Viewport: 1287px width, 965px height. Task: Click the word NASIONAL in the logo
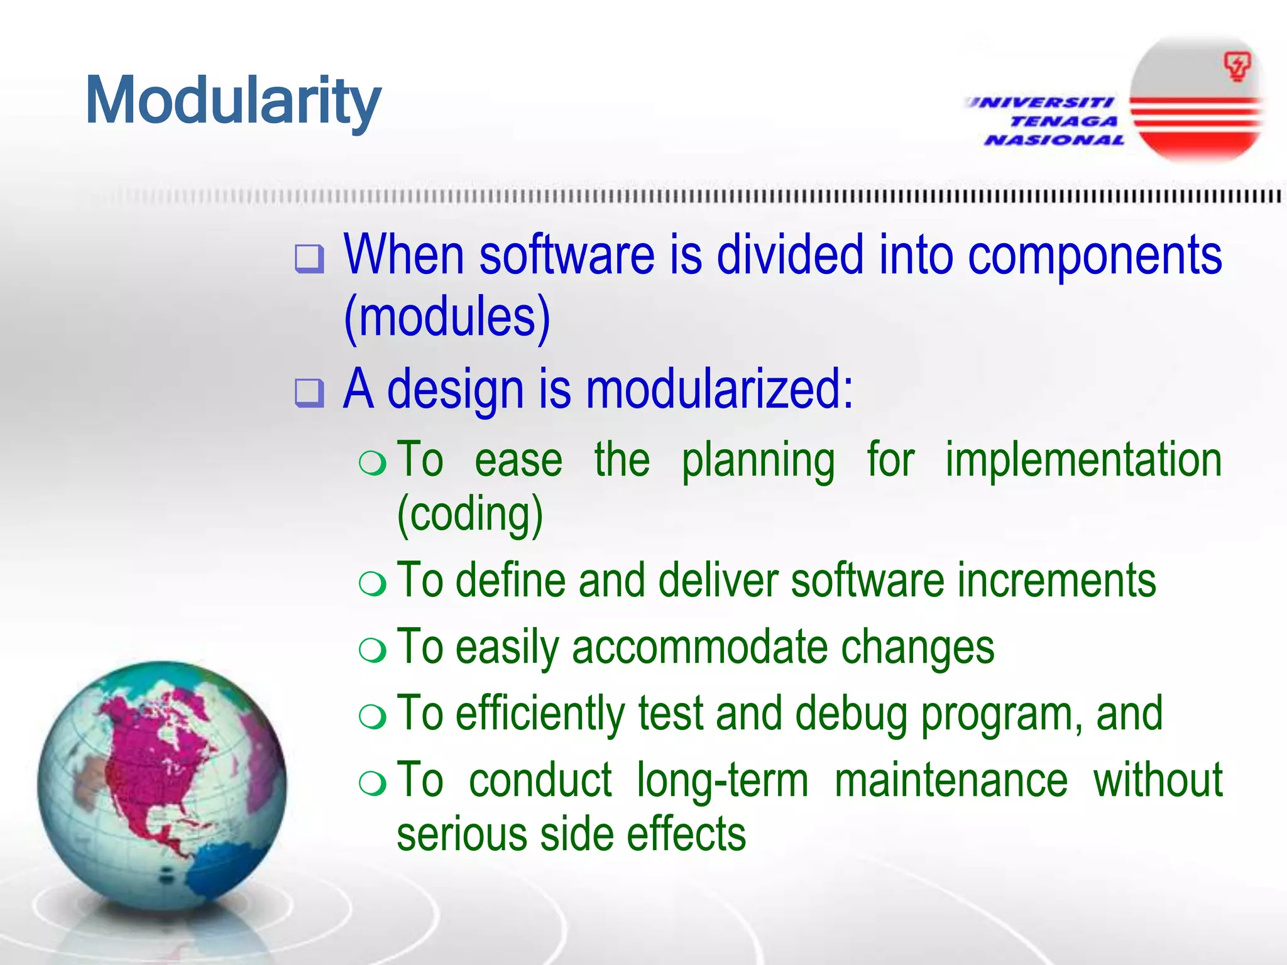pos(1054,140)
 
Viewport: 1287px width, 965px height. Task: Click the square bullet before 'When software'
pos(309,259)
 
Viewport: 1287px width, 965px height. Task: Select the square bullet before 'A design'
pos(309,393)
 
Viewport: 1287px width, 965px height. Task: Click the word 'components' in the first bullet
pos(1095,255)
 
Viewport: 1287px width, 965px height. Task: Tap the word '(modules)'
pos(447,318)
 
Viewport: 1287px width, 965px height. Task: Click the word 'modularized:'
pos(720,390)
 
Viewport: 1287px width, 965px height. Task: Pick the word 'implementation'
pos(1083,460)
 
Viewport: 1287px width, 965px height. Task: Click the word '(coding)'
pos(470,515)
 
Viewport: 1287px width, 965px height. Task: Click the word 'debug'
pos(851,715)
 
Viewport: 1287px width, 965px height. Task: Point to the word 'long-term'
pos(722,781)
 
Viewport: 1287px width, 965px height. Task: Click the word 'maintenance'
pos(951,781)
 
